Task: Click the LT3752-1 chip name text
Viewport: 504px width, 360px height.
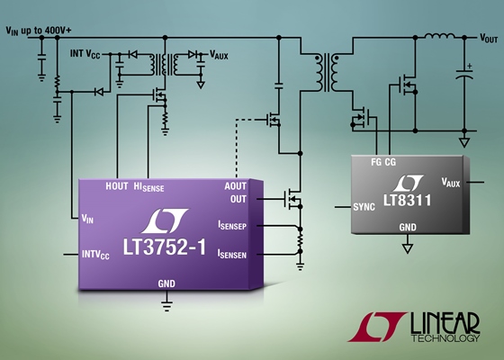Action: tap(164, 247)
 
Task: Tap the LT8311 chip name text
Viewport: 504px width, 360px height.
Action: tap(407, 200)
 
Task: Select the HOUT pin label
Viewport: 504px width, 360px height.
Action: tap(117, 186)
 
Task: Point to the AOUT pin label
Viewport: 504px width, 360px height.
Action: tap(236, 186)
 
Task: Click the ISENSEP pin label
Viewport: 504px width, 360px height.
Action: tap(232, 225)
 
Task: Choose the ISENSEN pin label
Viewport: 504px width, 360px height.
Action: tap(232, 254)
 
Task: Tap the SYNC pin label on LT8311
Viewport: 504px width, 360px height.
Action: tap(364, 207)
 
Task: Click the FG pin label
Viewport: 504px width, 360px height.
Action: tap(376, 162)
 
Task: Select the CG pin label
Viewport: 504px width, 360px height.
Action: tap(391, 162)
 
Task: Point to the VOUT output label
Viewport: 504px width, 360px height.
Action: tap(489, 38)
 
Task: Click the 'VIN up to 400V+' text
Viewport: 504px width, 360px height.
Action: tap(39, 31)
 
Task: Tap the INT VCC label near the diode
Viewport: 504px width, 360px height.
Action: tap(85, 54)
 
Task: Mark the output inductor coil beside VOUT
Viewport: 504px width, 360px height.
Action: tap(440, 35)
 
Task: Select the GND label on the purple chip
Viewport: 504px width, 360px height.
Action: tap(166, 283)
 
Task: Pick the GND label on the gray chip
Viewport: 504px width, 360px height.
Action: tap(408, 227)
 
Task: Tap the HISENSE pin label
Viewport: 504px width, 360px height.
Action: tap(148, 187)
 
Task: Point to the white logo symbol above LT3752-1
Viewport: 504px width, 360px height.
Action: tap(165, 220)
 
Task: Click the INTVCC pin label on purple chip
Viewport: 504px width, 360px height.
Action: tap(95, 255)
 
